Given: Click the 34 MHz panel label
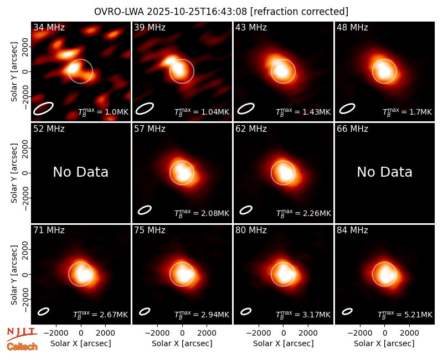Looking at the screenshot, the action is tap(49, 27).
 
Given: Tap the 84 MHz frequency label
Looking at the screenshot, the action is tap(352, 230).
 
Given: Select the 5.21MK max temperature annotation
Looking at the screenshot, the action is tap(405, 314).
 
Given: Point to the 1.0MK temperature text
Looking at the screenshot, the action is tap(103, 112).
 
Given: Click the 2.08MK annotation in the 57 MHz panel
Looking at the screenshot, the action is tap(202, 213).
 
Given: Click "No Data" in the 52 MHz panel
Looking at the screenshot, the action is tap(80, 172).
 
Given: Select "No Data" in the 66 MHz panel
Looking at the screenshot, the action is tap(384, 172).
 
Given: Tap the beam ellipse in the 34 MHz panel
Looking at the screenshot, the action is tap(43, 108).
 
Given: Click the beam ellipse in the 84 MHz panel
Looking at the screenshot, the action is tap(347, 311).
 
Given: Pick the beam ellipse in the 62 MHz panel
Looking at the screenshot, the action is tap(246, 210).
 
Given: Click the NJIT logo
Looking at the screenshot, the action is tap(22, 334).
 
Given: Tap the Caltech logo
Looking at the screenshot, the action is tap(22, 347).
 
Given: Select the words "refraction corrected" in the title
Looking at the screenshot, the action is tap(299, 12).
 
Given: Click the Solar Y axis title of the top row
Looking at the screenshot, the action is tap(14, 72).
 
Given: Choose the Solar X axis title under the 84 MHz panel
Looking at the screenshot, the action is tap(384, 343).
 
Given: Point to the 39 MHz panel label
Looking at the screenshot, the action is tap(150, 27).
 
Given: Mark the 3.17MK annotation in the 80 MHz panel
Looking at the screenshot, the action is tap(303, 314).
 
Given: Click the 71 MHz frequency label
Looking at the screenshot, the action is tap(49, 230).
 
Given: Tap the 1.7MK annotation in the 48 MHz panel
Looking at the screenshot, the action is tap(407, 112).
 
